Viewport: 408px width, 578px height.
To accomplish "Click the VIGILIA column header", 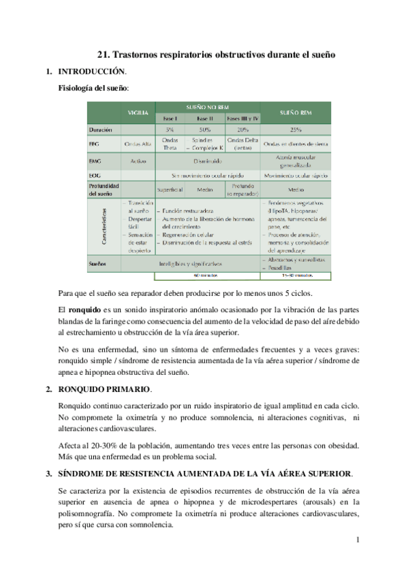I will tap(138, 111).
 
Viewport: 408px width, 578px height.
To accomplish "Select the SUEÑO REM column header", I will tap(295, 111).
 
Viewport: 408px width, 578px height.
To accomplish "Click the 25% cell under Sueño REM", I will tap(295, 129).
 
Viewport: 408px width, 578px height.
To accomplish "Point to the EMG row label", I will tap(95, 161).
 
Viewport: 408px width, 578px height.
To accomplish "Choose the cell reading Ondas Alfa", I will tap(138, 144).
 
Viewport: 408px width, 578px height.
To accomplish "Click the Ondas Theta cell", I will tap(171, 144).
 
